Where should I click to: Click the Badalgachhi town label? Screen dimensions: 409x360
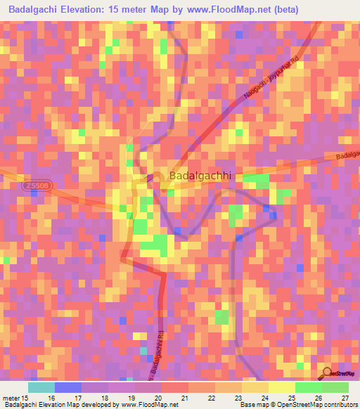pos(200,176)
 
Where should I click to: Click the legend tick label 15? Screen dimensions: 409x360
pos(27,397)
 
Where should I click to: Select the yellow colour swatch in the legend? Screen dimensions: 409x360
pos(281,387)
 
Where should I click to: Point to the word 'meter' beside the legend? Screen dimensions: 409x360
pos(12,397)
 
